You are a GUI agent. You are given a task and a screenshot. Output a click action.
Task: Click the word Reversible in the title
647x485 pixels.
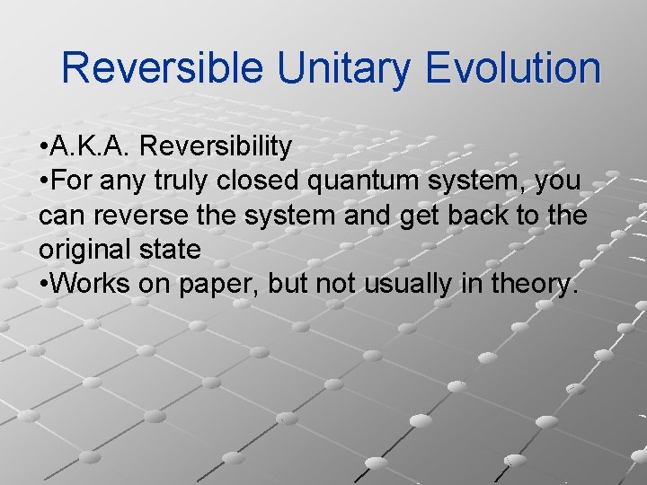(163, 68)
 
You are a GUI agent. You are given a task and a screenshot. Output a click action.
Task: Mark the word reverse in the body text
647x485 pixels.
(147, 216)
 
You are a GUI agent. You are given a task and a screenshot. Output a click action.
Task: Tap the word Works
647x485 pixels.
(93, 284)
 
